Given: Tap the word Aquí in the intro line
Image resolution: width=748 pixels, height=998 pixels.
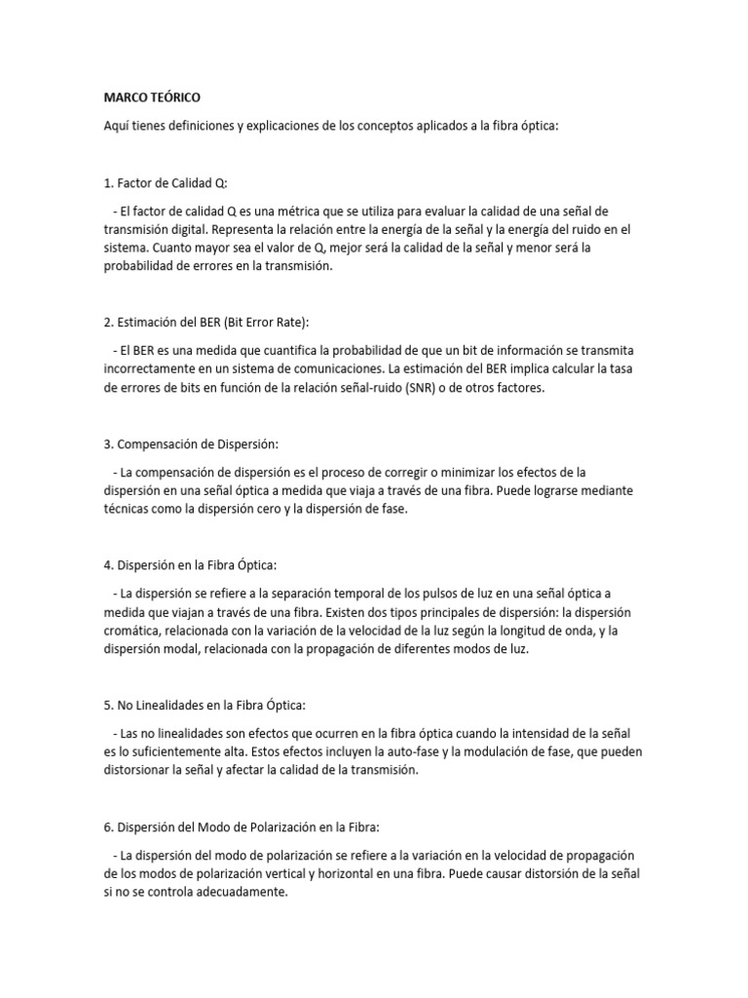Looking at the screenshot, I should [118, 127].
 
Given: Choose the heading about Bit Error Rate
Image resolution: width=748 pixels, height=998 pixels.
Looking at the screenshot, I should [206, 322].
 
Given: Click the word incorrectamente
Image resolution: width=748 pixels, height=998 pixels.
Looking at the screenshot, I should [152, 369].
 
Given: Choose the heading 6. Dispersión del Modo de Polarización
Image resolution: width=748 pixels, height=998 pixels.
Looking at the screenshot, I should [255, 825].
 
